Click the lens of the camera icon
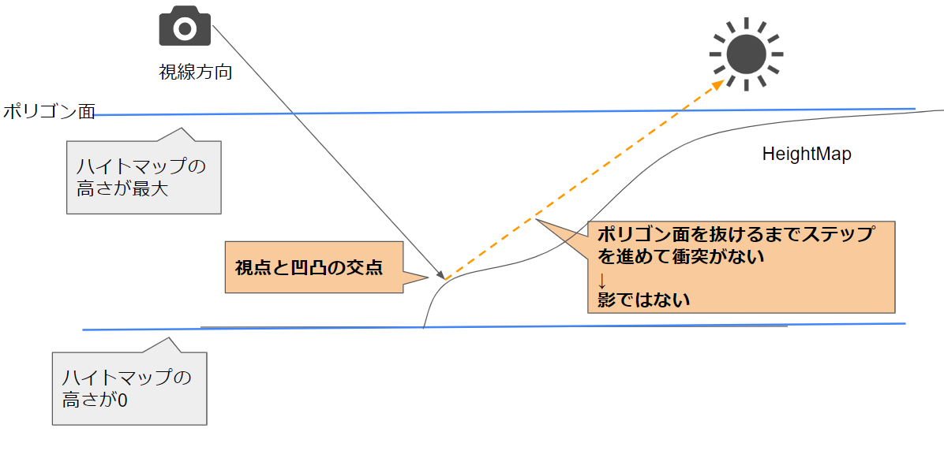185,30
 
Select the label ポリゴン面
48,112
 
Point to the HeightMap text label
807,155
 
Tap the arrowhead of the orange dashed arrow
718,84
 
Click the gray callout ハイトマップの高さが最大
143,177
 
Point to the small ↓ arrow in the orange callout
602,279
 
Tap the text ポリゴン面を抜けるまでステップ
735,234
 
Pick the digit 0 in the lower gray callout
122,400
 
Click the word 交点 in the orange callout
366,268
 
